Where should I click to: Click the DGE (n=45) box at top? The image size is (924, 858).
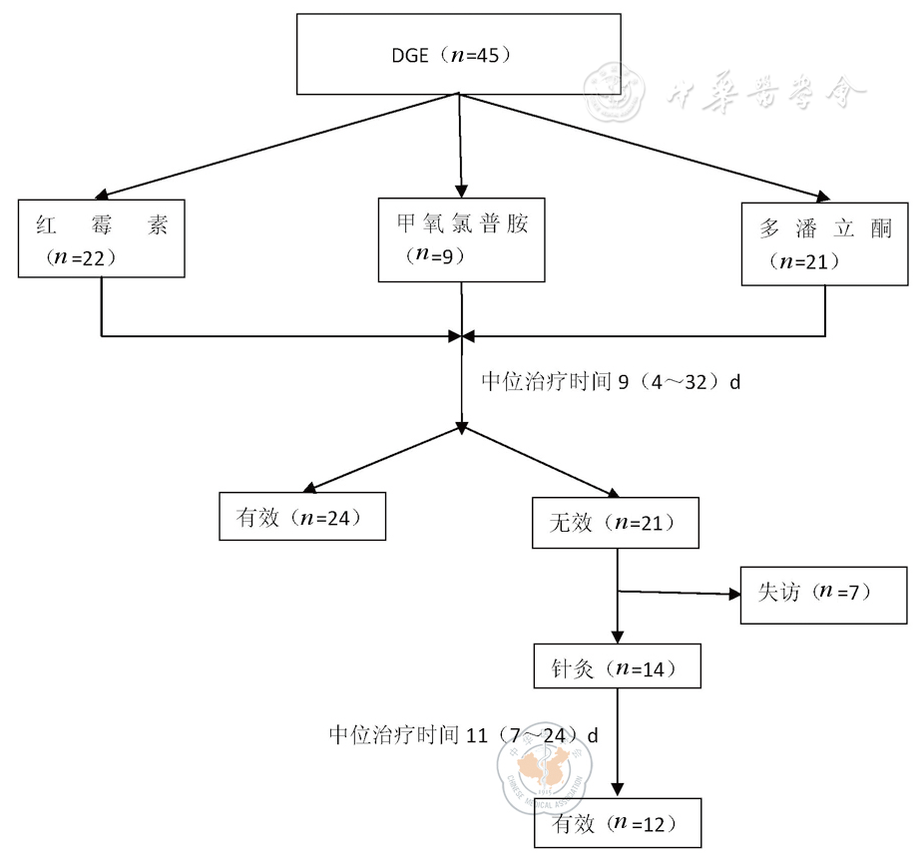click(459, 54)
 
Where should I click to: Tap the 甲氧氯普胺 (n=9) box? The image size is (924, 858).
click(462, 239)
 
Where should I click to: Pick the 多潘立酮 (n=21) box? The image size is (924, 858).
click(825, 244)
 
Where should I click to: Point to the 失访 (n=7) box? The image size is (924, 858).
click(823, 595)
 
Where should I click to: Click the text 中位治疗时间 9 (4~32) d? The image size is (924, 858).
click(611, 381)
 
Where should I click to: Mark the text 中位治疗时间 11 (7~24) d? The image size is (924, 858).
click(464, 736)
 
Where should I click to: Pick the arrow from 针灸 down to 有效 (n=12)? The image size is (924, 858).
click(618, 743)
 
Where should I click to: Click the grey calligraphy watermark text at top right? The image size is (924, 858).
click(764, 95)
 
